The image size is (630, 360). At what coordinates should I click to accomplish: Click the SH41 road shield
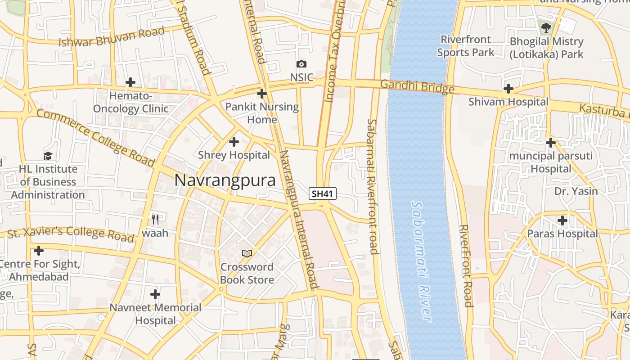click(x=323, y=194)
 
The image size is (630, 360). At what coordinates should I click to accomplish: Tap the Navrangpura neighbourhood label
click(x=225, y=180)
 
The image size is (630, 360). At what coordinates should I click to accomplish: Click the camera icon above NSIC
click(x=301, y=64)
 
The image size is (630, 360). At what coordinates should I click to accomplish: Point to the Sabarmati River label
click(x=422, y=261)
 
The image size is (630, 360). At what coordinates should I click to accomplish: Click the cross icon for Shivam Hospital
click(x=508, y=89)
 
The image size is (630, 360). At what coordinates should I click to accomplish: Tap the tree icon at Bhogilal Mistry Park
click(x=546, y=28)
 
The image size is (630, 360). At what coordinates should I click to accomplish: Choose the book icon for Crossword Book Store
click(x=247, y=253)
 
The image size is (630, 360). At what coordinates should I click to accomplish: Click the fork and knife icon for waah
click(x=155, y=220)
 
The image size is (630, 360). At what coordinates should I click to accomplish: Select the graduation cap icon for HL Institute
click(x=48, y=156)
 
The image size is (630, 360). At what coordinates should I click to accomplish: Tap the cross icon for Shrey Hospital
click(x=234, y=142)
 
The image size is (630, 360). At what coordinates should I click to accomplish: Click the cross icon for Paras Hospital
click(x=562, y=220)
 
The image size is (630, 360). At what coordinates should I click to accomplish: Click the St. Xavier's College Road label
click(x=71, y=233)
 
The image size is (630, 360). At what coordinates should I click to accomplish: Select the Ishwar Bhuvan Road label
click(x=112, y=37)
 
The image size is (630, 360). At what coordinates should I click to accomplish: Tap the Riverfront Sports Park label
click(x=466, y=46)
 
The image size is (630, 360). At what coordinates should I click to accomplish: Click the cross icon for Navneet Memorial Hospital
click(x=155, y=294)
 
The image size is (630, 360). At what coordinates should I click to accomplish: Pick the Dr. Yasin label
click(x=576, y=191)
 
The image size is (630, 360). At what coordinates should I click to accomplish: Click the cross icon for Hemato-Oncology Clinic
click(x=130, y=82)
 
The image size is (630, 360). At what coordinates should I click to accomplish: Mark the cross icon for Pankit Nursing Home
click(x=262, y=94)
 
